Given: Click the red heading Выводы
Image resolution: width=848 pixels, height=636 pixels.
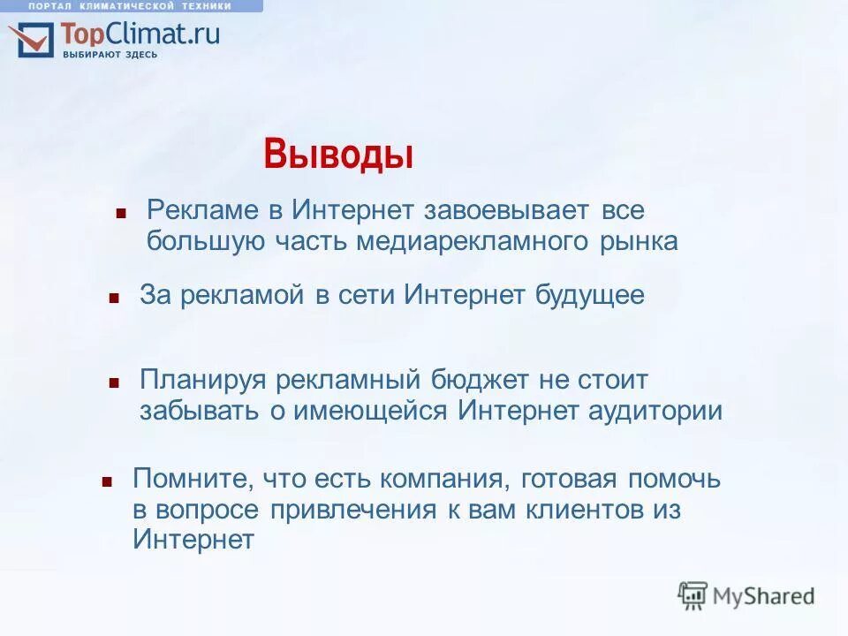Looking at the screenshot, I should click(338, 155).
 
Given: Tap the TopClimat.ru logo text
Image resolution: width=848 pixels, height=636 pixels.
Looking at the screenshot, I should click(140, 34).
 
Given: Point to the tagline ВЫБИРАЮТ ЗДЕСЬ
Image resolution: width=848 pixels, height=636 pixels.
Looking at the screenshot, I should click(110, 55).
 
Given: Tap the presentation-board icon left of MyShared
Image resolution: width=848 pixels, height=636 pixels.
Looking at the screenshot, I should click(693, 596).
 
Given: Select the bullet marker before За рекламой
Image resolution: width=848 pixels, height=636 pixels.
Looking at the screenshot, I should click(114, 298).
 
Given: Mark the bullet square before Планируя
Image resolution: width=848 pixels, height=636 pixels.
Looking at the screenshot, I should click(114, 383).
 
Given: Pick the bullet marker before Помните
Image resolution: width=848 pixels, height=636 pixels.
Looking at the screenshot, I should click(107, 481).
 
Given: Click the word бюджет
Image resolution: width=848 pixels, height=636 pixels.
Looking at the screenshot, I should click(480, 381).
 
